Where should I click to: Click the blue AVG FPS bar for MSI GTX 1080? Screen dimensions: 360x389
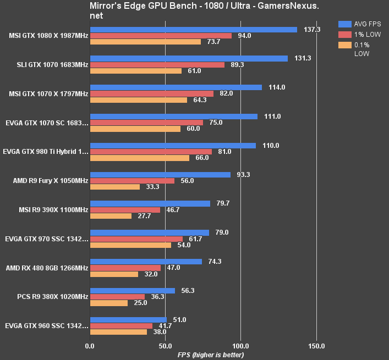click(x=193, y=30)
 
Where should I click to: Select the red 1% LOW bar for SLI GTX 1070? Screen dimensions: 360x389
click(x=157, y=65)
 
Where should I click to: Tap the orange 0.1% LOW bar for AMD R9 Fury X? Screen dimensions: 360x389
click(x=114, y=187)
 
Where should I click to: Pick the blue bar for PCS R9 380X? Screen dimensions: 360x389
click(x=132, y=291)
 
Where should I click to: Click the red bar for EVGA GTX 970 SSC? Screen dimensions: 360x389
click(x=136, y=239)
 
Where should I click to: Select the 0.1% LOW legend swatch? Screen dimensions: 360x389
click(x=345, y=45)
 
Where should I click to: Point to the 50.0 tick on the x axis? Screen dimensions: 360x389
click(x=165, y=346)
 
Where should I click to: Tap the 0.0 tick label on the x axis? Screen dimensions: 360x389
click(x=90, y=346)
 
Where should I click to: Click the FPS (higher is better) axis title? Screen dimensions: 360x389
click(x=204, y=355)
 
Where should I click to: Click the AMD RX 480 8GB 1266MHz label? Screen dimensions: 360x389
click(x=46, y=268)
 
